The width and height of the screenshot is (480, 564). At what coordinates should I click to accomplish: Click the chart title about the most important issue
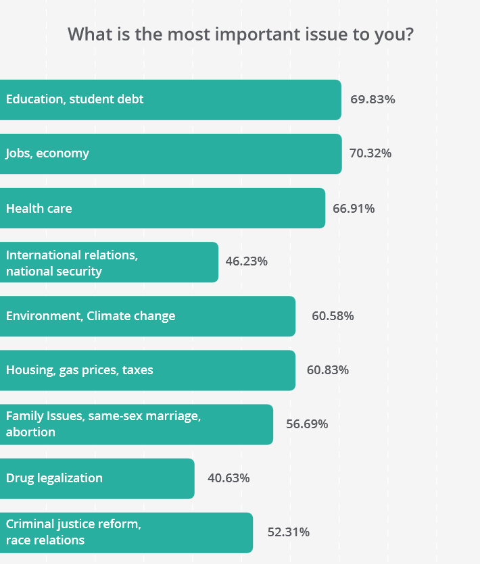point(240,34)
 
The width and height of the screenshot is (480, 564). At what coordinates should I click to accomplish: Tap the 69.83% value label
point(373,99)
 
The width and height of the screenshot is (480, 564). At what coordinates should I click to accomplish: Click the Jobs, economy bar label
point(47,153)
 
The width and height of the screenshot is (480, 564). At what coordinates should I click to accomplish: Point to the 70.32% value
point(370,153)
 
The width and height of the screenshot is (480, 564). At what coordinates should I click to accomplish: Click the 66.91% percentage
point(354,208)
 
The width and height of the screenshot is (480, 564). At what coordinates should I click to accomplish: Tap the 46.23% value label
point(247,261)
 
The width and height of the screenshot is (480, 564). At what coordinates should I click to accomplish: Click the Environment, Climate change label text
point(91,316)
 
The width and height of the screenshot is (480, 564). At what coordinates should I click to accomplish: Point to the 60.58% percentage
point(333,316)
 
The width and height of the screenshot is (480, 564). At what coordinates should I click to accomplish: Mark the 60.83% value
point(328,370)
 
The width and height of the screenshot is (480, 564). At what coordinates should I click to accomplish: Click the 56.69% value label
point(307,424)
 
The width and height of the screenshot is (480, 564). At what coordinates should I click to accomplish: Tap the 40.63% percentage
point(229,478)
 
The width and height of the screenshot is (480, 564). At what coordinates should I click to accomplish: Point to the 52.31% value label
point(289,532)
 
